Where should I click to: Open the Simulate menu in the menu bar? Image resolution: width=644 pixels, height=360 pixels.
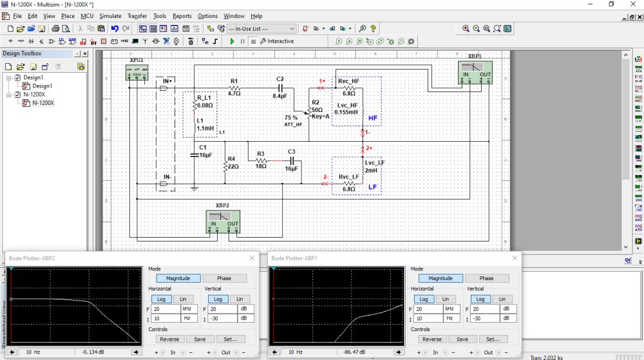click(x=110, y=15)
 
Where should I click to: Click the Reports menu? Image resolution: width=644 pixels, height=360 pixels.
click(x=182, y=15)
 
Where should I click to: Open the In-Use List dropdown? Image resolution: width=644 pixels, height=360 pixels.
click(x=261, y=28)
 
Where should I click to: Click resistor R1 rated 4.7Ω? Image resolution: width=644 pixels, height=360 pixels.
click(x=234, y=88)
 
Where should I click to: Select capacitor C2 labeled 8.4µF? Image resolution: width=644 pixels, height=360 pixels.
click(x=279, y=88)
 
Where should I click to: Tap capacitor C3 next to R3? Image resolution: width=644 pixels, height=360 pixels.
click(x=291, y=160)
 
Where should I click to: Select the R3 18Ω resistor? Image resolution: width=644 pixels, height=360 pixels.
click(x=261, y=160)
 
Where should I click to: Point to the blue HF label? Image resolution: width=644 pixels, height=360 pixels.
click(x=373, y=118)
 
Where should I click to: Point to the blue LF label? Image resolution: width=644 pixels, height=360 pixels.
click(x=372, y=187)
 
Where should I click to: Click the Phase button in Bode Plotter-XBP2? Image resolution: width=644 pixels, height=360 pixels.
click(x=224, y=278)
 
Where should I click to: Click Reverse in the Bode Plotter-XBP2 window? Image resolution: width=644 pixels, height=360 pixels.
click(x=169, y=339)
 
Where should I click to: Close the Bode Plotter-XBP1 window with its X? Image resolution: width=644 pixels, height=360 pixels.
click(x=514, y=258)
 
